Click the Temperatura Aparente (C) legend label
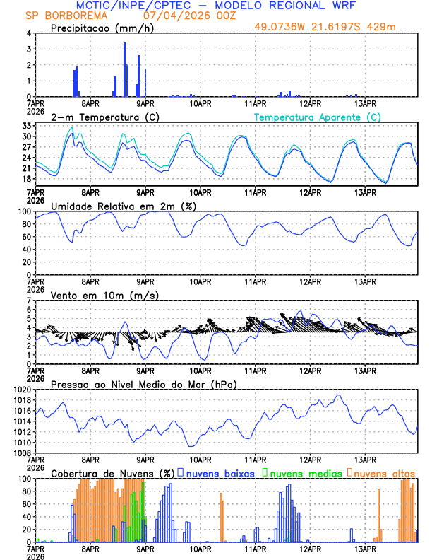pyautogui.click(x=318, y=117)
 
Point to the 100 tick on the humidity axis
pyautogui.click(x=24, y=211)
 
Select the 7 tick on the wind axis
pyautogui.click(x=28, y=301)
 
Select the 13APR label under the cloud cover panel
pyautogui.click(x=365, y=548)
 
